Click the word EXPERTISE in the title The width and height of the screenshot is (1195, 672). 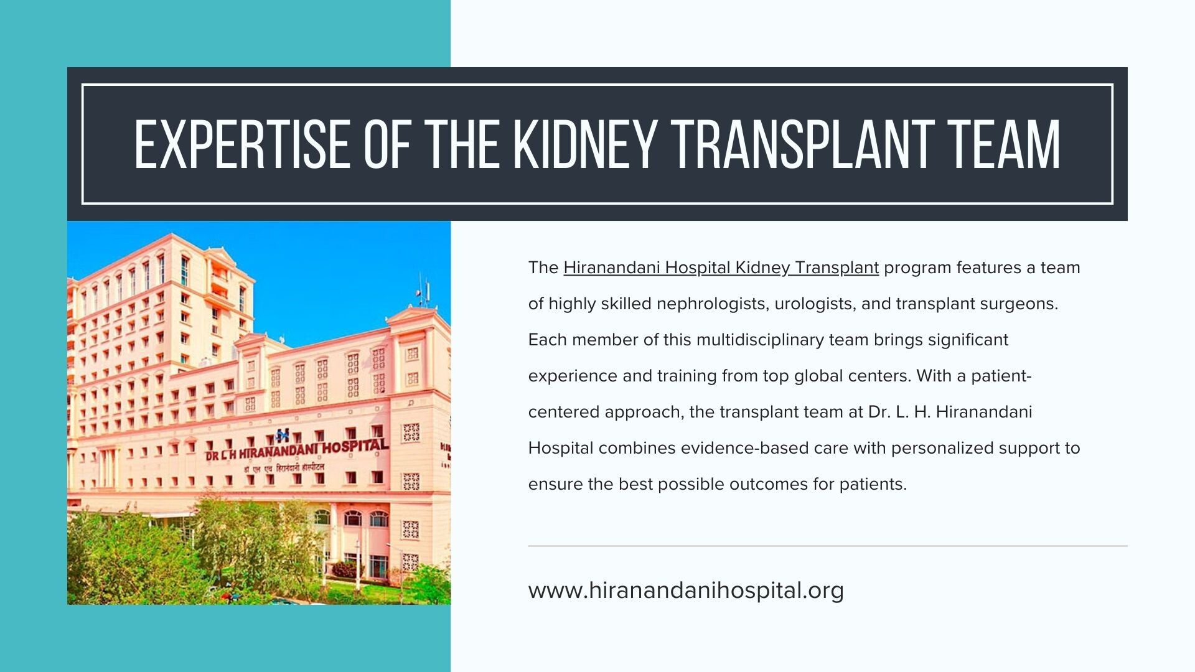(242, 144)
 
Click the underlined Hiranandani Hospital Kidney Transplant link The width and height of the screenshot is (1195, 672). (721, 268)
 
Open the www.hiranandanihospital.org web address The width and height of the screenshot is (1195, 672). (686, 590)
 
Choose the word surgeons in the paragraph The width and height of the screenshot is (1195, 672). (1019, 304)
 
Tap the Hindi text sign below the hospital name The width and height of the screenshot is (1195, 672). (284, 467)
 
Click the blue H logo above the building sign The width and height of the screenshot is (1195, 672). (283, 434)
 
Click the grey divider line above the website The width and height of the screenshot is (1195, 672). (828, 546)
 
